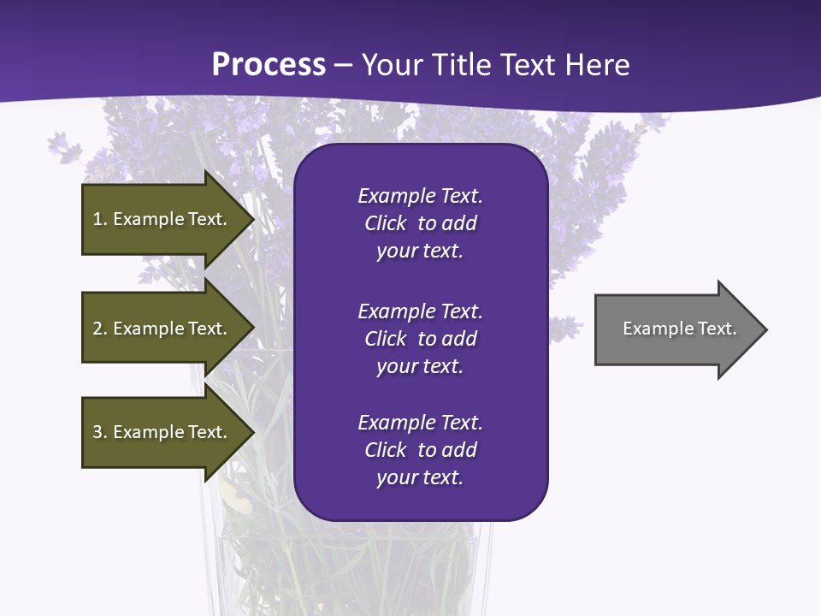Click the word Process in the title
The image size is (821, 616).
(x=269, y=65)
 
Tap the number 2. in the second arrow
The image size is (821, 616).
(x=99, y=329)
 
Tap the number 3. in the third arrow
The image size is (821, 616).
(x=99, y=432)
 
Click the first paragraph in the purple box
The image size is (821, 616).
(x=420, y=223)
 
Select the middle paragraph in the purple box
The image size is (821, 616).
(x=420, y=339)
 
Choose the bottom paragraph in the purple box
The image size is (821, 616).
(x=420, y=450)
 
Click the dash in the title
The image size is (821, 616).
(x=344, y=65)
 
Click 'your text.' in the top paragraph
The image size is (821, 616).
(x=419, y=252)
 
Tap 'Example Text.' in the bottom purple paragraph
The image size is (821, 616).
(x=420, y=423)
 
